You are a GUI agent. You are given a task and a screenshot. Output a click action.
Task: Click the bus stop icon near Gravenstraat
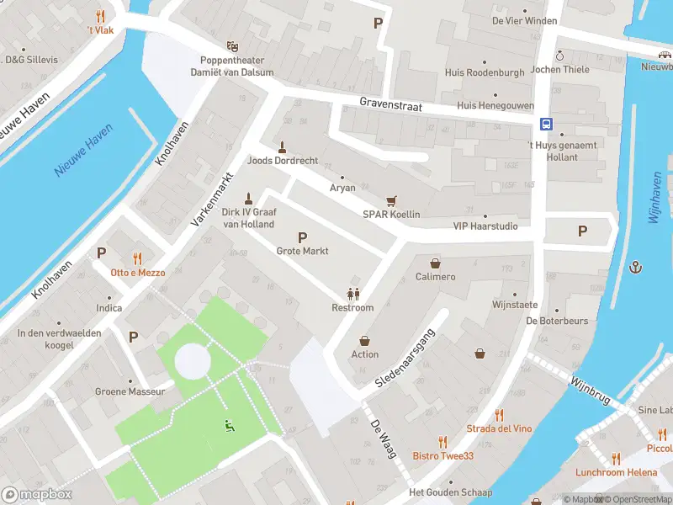(x=546, y=124)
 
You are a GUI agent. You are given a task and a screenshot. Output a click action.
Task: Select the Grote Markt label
(x=302, y=251)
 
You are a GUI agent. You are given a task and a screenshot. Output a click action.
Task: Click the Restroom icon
(x=353, y=294)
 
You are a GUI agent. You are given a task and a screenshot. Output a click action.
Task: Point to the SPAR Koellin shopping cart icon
(x=391, y=201)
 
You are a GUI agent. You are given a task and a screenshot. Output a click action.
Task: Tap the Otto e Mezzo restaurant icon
(x=137, y=259)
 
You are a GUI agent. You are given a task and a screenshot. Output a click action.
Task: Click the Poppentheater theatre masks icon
(x=232, y=46)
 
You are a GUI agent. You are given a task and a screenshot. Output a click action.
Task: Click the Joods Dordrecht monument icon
(x=282, y=146)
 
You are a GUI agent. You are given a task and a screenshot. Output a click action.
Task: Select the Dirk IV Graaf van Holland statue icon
(x=247, y=199)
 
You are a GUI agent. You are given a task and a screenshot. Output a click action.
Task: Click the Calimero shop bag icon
(x=435, y=263)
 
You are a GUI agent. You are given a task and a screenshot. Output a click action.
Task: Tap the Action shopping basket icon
(x=365, y=341)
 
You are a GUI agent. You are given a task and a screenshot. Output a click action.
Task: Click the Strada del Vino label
(x=499, y=428)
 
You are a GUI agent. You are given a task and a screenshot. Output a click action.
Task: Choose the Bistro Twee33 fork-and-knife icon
(x=442, y=442)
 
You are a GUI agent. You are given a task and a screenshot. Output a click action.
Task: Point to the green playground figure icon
(x=227, y=426)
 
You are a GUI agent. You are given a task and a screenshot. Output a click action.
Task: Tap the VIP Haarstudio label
(x=485, y=226)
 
